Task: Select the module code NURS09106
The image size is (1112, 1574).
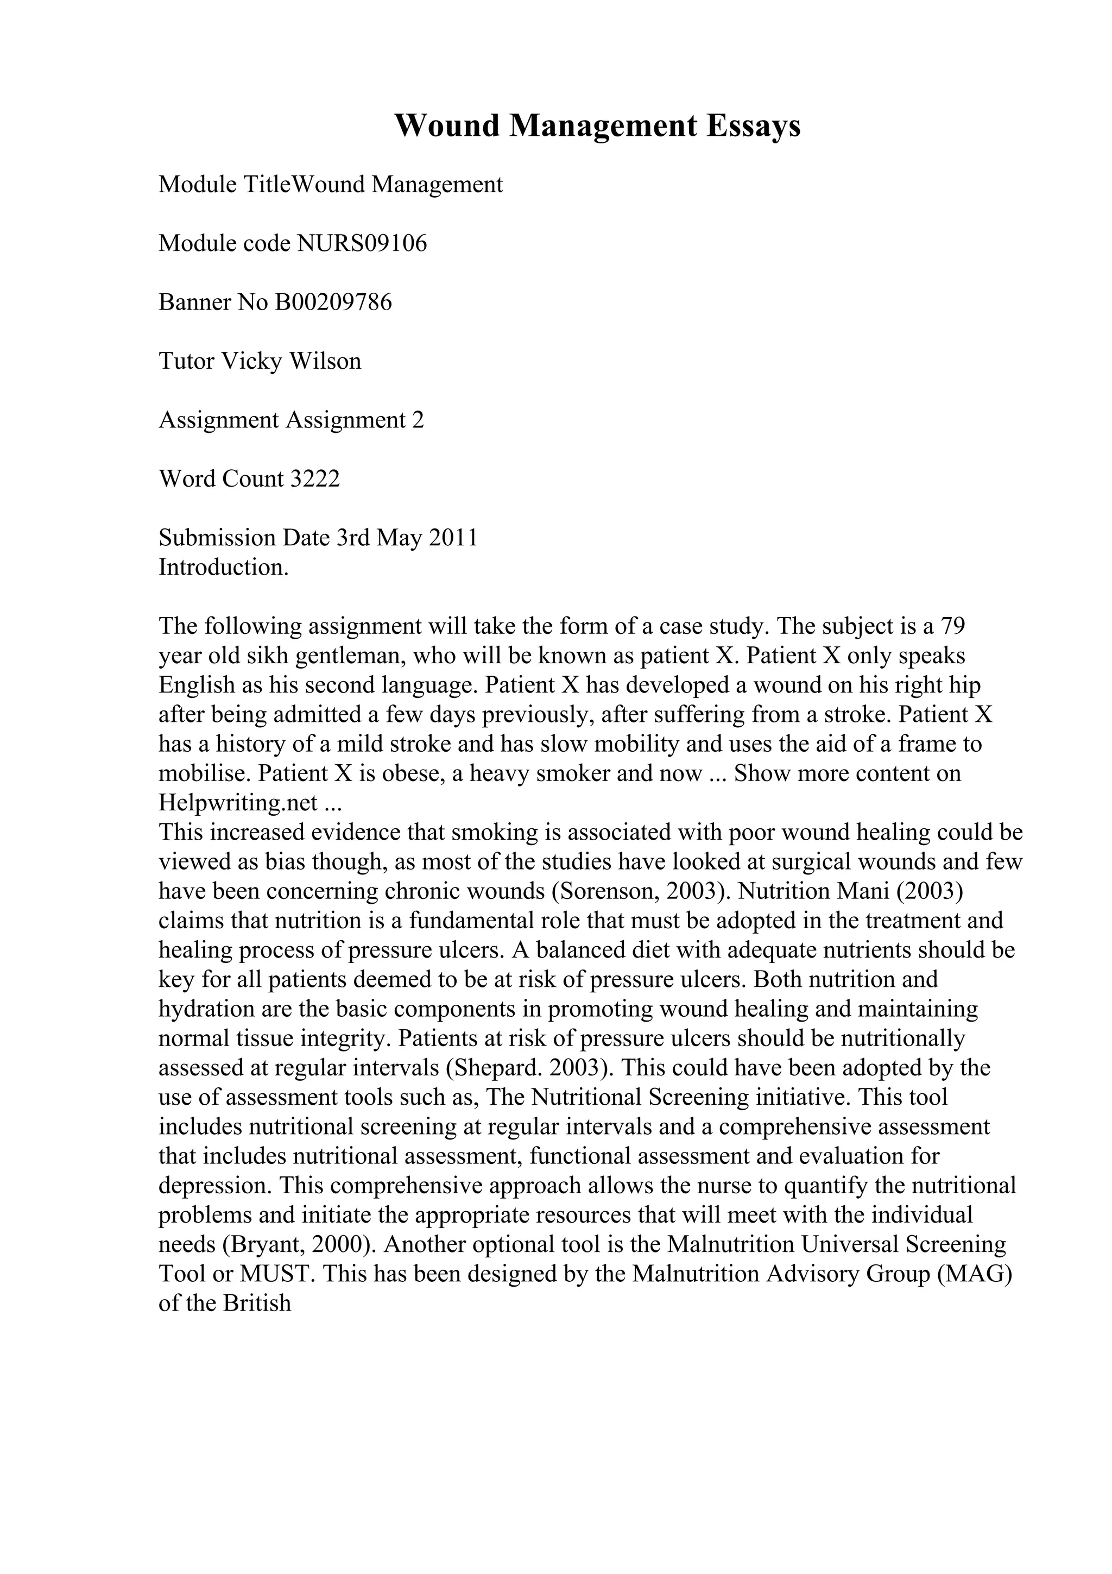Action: tap(362, 243)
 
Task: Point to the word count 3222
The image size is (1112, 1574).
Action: tap(315, 479)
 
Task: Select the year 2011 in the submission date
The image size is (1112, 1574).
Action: tap(453, 538)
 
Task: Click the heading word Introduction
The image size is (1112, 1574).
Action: tap(223, 568)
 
